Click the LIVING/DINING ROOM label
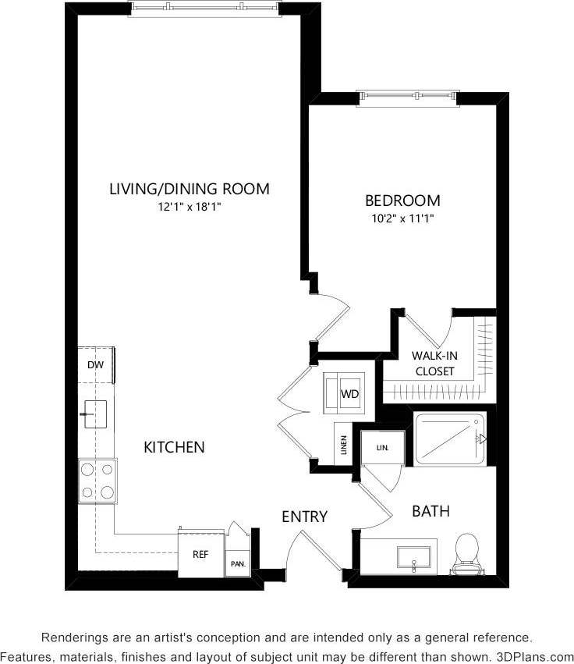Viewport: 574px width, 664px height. click(x=189, y=188)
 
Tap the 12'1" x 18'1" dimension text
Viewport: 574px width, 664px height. click(x=189, y=207)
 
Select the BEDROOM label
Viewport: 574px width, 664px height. click(x=402, y=201)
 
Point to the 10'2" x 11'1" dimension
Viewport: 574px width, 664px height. click(x=402, y=218)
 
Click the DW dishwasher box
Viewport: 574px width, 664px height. click(x=96, y=364)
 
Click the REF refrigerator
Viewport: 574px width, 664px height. click(x=200, y=555)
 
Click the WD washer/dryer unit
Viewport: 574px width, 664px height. click(x=349, y=394)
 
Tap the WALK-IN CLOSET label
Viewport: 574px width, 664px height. click(x=434, y=363)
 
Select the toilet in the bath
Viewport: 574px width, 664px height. click(x=466, y=552)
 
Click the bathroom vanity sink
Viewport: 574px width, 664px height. click(x=413, y=557)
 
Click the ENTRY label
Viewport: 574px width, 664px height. click(x=304, y=517)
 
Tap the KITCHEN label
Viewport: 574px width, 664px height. click(x=174, y=447)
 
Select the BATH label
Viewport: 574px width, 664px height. click(x=430, y=511)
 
